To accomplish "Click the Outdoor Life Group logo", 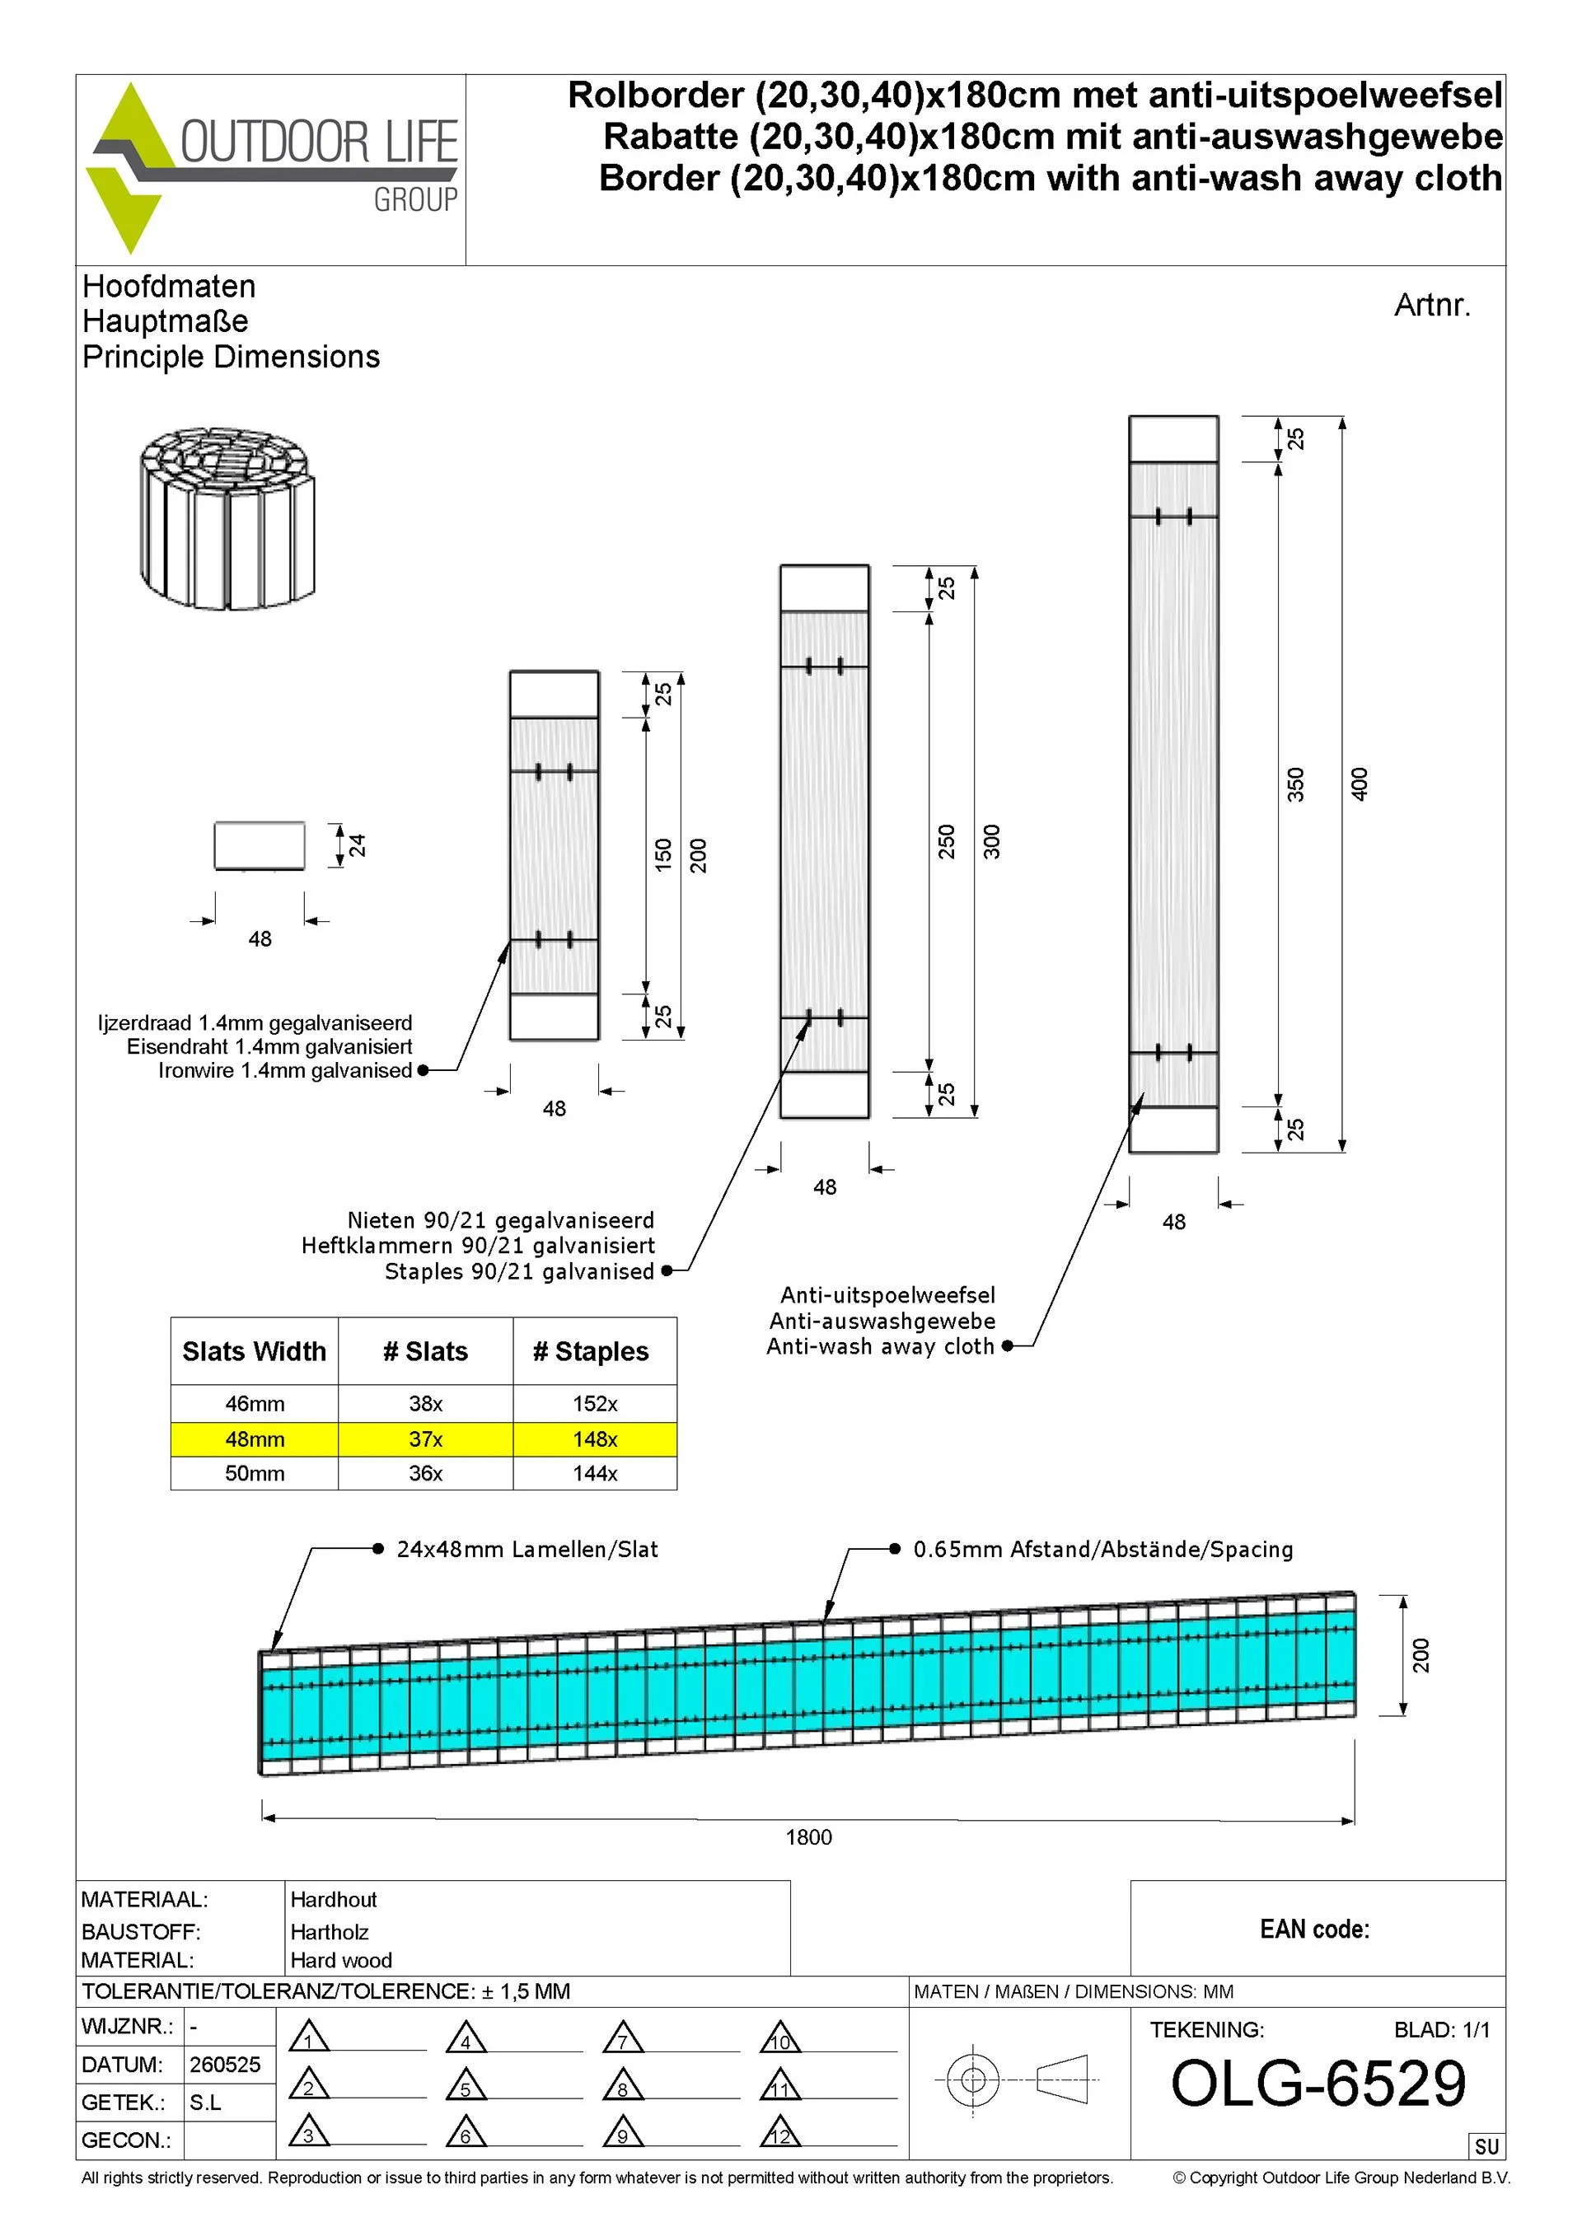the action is pyautogui.click(x=272, y=167).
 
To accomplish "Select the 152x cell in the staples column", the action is pyautogui.click(x=595, y=1403).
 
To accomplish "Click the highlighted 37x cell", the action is pyautogui.click(x=426, y=1438).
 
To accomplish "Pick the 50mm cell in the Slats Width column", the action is pyautogui.click(x=255, y=1472).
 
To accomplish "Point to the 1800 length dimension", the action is pyautogui.click(x=808, y=1836).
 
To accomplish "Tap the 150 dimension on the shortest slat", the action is pyautogui.click(x=663, y=854).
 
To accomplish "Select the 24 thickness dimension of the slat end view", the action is pyautogui.click(x=357, y=844).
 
